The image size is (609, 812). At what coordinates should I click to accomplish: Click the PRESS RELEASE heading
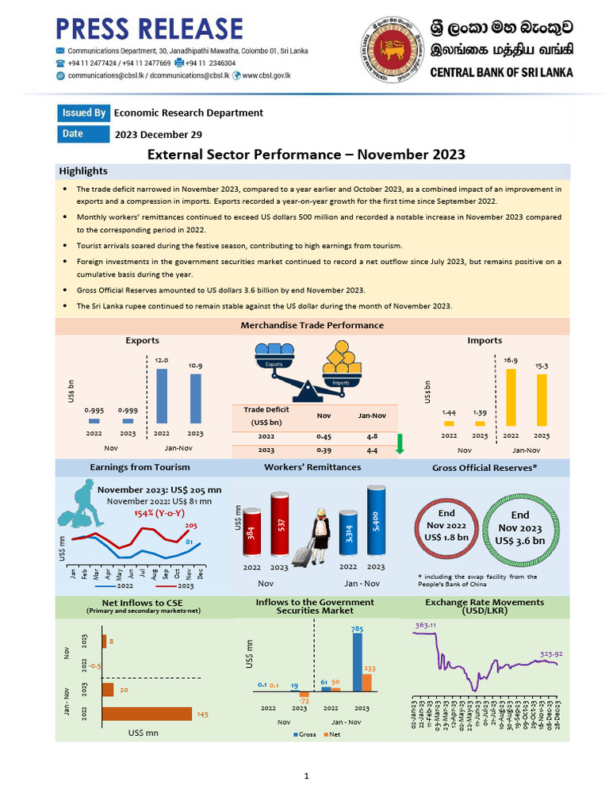coord(149,29)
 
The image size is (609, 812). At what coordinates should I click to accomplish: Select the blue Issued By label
coord(83,113)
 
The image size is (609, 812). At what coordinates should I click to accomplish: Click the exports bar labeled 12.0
coord(161,396)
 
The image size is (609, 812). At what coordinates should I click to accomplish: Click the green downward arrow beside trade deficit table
coord(400,444)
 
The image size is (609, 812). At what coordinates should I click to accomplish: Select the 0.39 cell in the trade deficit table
coord(324,450)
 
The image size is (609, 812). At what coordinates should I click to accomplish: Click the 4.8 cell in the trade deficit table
coord(372,436)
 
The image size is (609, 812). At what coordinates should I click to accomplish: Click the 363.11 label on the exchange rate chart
coord(426,626)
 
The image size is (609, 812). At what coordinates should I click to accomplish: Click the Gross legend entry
coord(306,734)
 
